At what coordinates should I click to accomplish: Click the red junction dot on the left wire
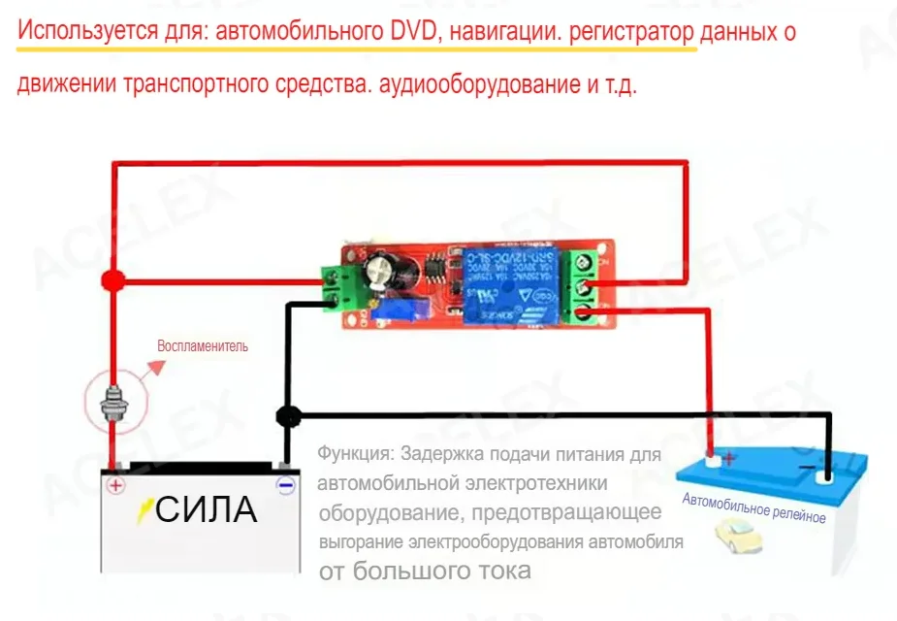coord(113,281)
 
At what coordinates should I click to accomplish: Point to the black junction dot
coord(288,416)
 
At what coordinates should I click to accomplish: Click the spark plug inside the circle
coord(113,400)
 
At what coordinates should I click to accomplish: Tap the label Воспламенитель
coord(204,346)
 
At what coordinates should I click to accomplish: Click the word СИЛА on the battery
coord(206,509)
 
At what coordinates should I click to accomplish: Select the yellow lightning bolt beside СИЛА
coord(145,507)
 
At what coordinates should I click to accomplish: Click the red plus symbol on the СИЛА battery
coord(115,485)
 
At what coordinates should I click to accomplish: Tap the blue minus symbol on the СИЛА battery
coord(285,486)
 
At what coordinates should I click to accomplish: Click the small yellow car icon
coord(734,535)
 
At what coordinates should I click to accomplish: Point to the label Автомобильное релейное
coord(753,508)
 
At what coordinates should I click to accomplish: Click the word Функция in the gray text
coord(354,454)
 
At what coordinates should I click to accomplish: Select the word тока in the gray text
coord(504,571)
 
